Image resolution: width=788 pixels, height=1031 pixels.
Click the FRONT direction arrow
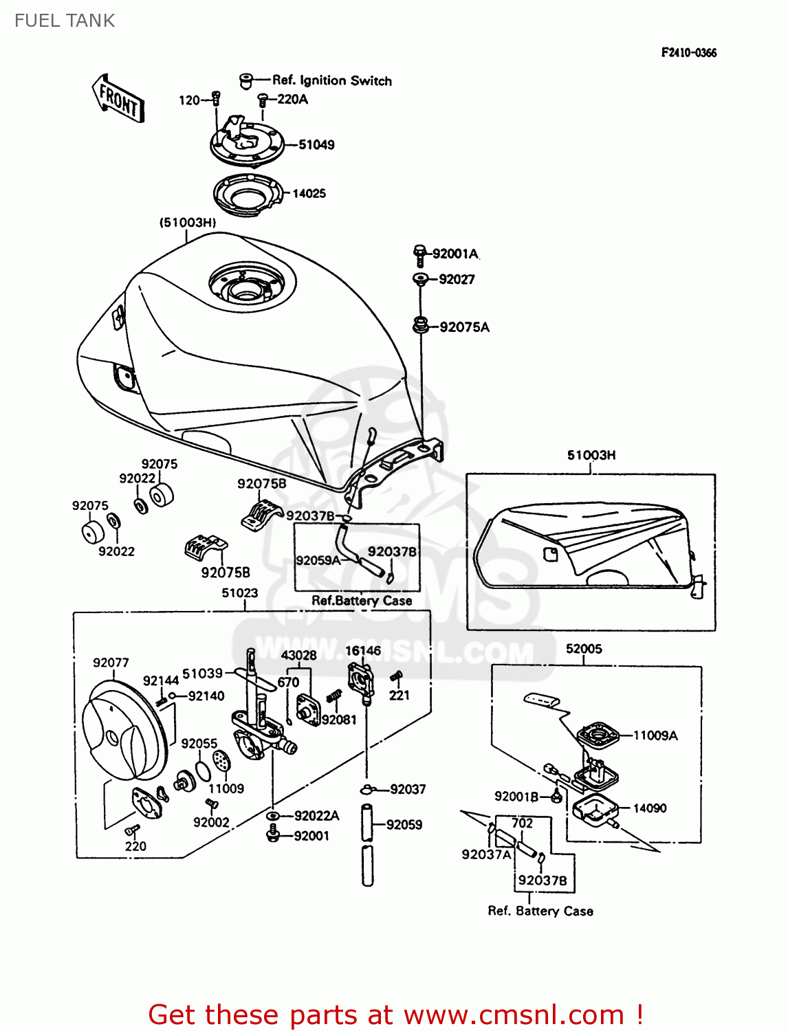(118, 99)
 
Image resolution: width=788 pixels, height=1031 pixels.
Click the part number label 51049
(316, 145)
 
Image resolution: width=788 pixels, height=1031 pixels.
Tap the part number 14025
(309, 194)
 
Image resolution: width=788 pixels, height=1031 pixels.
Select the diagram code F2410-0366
(688, 53)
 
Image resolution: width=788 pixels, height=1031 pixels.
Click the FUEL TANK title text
(65, 21)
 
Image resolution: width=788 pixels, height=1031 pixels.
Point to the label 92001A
(455, 254)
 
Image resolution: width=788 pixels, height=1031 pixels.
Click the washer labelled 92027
(420, 279)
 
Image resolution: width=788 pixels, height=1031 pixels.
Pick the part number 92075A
(464, 327)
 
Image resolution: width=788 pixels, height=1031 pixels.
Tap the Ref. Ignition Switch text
(332, 80)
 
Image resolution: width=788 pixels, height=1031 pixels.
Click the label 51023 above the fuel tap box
(239, 592)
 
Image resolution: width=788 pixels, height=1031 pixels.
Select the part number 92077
(111, 663)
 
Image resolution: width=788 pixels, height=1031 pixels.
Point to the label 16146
(362, 651)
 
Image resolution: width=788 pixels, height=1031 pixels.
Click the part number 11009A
(655, 735)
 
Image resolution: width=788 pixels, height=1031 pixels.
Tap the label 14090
(649, 808)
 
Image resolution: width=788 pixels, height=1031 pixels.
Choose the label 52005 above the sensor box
(583, 649)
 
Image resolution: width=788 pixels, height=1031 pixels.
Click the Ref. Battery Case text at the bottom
(540, 911)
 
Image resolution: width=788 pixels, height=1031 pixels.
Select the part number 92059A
(318, 560)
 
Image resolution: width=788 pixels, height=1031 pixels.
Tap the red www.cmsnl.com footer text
(395, 1015)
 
